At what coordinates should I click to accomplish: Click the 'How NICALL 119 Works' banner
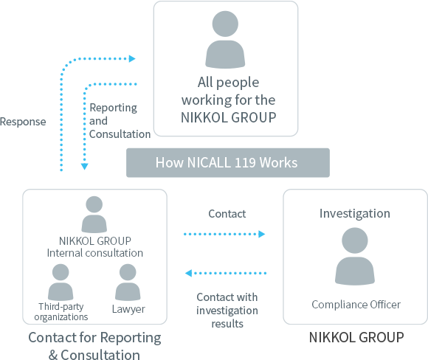(228, 163)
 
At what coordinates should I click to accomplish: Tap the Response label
(23, 122)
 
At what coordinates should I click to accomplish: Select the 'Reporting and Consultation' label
(120, 121)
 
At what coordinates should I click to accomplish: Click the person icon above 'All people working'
(225, 40)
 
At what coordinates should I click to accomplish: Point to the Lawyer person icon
(128, 283)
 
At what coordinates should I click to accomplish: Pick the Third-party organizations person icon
(61, 283)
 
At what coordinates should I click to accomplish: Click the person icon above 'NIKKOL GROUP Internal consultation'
(94, 215)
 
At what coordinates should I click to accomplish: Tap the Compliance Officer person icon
(355, 256)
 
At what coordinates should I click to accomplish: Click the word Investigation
(355, 213)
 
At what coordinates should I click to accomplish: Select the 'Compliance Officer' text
(356, 305)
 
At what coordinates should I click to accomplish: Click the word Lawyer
(128, 309)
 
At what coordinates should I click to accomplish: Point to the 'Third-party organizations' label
(61, 312)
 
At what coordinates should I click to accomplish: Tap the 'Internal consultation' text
(95, 253)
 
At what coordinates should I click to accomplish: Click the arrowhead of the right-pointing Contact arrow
(262, 234)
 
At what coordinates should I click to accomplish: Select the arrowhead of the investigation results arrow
(189, 273)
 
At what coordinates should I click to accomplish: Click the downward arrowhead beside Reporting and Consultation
(85, 167)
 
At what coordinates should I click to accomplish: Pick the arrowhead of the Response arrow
(132, 59)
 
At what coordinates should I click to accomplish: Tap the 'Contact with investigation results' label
(227, 311)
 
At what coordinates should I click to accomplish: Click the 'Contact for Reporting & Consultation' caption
(94, 346)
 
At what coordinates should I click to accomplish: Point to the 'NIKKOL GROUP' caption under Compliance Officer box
(356, 337)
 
